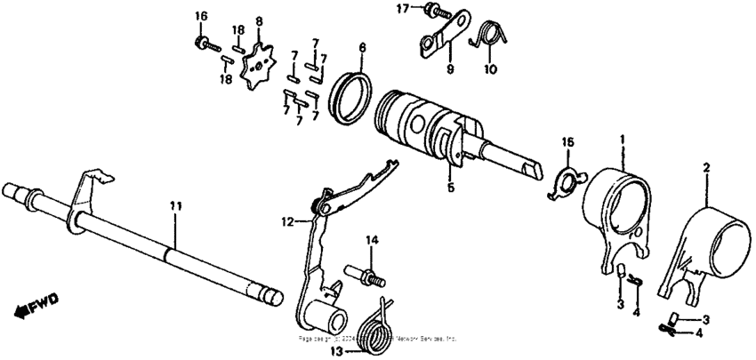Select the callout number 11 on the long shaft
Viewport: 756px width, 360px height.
click(x=176, y=206)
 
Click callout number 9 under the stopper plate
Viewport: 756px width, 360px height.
click(x=449, y=69)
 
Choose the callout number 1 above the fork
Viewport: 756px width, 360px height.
click(x=622, y=140)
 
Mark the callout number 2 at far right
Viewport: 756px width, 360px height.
click(x=706, y=166)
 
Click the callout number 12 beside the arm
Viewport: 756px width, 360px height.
click(x=287, y=222)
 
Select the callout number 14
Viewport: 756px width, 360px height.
click(x=371, y=240)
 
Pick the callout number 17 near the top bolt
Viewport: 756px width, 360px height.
click(x=403, y=9)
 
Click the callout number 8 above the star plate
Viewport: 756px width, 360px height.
click(x=258, y=20)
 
